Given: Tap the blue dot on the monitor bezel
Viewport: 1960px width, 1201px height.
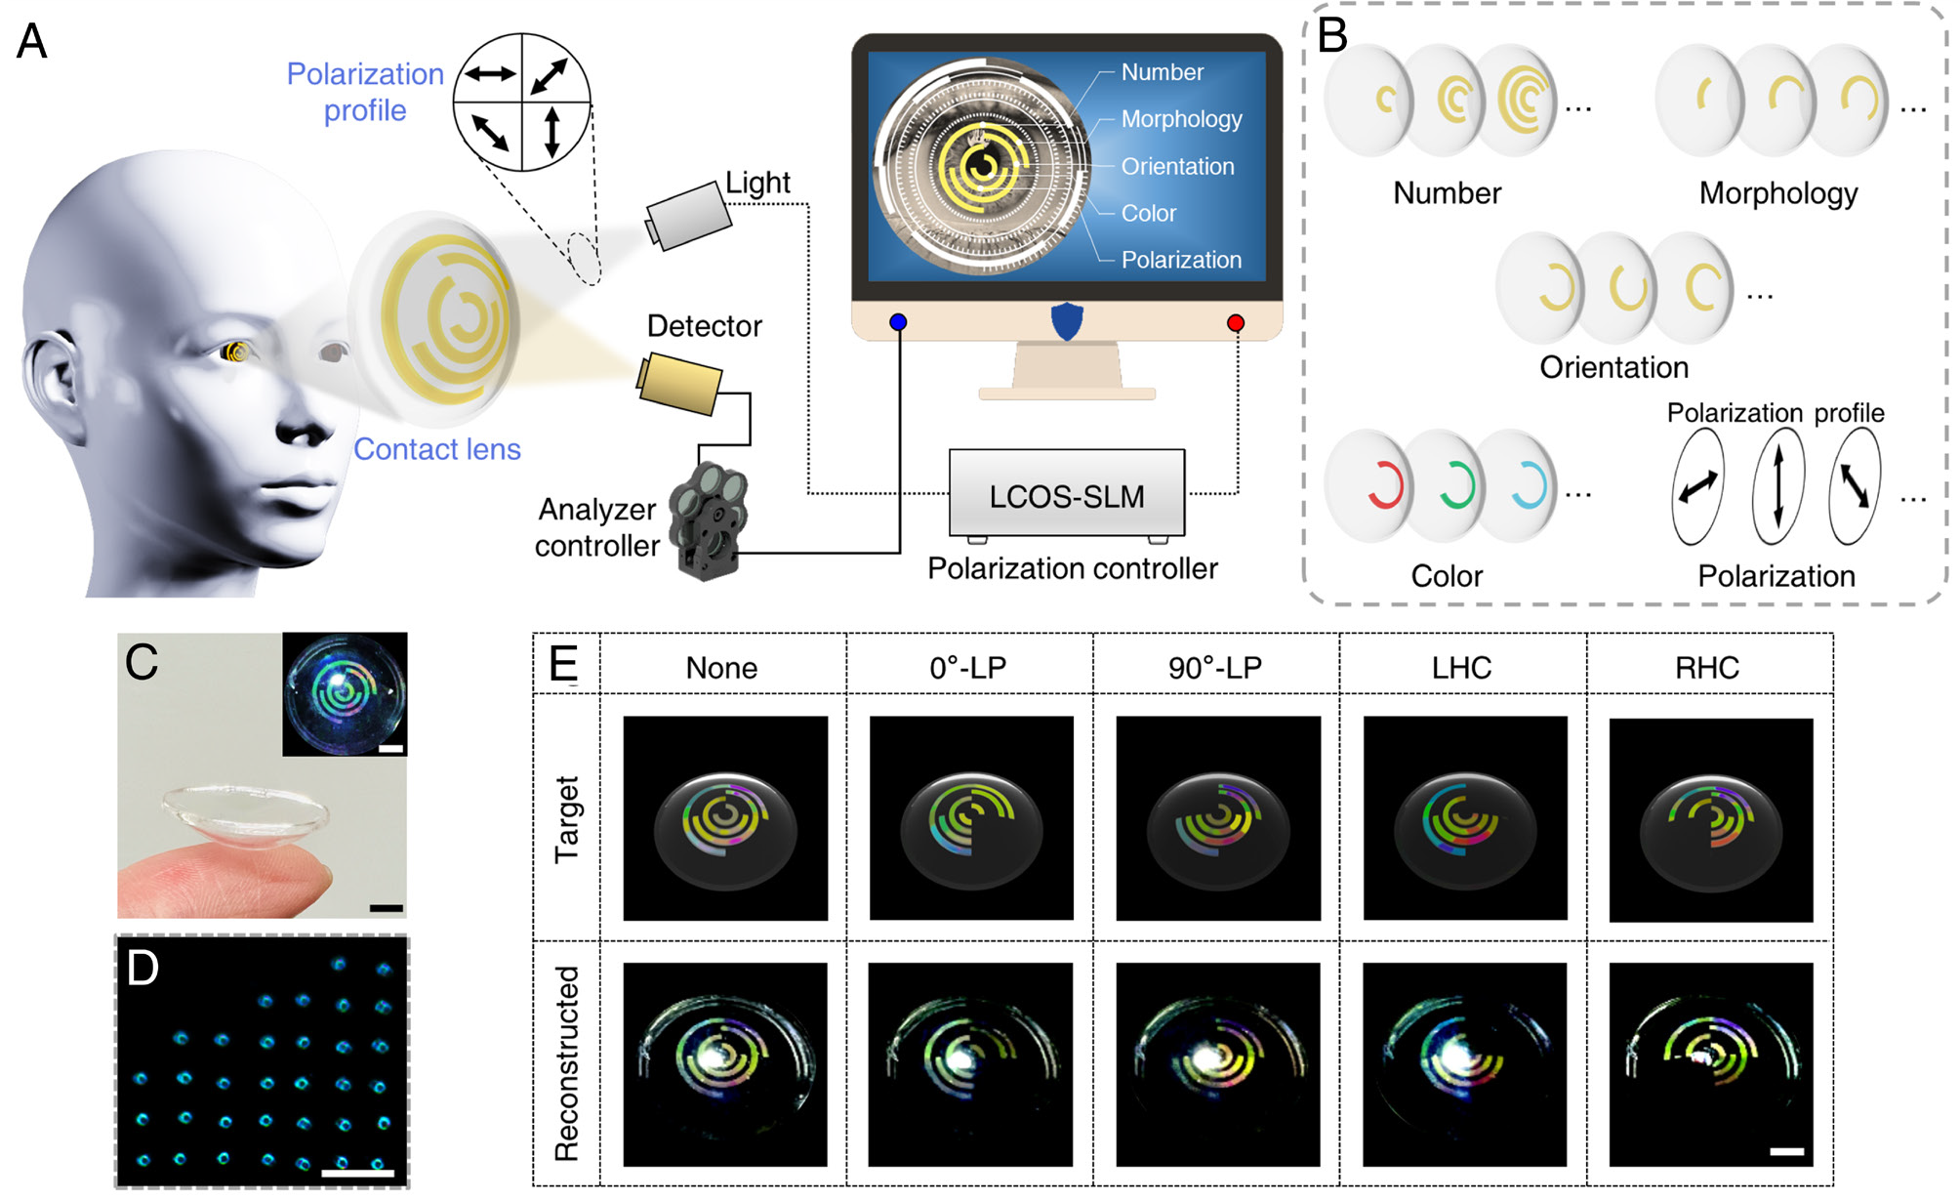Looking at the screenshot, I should (x=898, y=322).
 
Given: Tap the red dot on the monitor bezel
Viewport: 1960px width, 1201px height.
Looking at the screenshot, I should (x=1236, y=323).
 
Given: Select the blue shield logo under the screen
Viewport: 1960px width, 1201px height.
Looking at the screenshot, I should (x=1067, y=320).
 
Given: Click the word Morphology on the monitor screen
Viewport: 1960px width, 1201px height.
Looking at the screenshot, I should (x=1181, y=119).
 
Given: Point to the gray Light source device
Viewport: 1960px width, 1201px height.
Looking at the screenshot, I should (x=688, y=216).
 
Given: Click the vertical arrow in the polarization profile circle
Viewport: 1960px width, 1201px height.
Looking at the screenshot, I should (x=552, y=133).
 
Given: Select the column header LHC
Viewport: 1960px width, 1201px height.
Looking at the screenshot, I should (x=1461, y=668).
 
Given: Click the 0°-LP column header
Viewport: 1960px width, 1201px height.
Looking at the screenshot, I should (x=967, y=668).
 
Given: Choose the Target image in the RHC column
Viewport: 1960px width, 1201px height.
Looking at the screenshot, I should (x=1710, y=820).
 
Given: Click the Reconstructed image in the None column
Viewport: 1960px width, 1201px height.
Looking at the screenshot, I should (x=724, y=1064).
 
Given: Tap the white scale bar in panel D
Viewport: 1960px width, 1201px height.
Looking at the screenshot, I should (x=357, y=1172).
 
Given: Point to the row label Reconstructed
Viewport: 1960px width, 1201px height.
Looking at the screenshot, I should (x=566, y=1063).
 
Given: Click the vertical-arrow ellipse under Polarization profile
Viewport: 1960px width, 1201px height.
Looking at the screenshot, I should (x=1777, y=485).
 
